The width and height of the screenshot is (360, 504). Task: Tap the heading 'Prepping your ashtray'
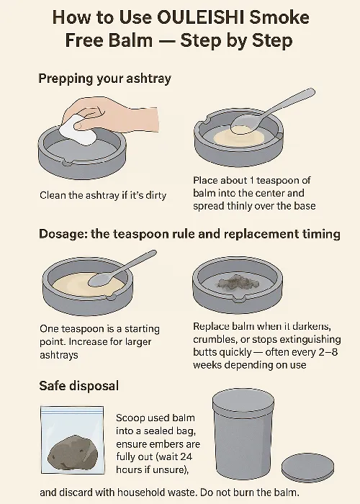(104, 78)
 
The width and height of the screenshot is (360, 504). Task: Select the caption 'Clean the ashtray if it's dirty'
(103, 195)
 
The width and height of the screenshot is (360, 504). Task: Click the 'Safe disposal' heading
(78, 386)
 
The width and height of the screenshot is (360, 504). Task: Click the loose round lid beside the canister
(307, 467)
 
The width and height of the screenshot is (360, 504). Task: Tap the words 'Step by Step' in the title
(236, 40)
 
